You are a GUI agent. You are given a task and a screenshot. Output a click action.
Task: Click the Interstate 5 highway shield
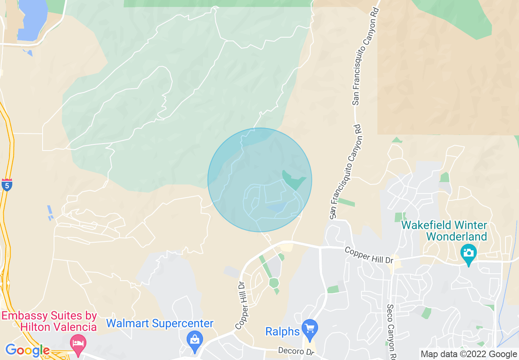pos(7,185)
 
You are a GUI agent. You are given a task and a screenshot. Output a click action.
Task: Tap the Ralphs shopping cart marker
pos(310,328)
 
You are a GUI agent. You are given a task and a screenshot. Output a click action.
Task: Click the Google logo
pos(27,351)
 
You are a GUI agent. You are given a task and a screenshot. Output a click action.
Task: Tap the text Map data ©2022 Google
pos(469,354)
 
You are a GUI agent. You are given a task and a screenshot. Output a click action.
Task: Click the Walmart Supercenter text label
pos(160,324)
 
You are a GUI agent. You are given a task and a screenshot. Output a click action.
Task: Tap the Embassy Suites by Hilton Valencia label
pos(49,322)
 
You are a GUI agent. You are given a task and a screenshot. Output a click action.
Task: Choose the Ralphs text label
pos(282,331)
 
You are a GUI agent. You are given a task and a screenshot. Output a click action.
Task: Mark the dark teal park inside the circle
pos(293,180)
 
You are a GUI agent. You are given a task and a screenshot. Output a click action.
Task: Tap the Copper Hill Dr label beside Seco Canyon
pos(369,254)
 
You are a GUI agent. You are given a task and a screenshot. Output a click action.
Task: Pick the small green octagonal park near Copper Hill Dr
pos(274,283)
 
